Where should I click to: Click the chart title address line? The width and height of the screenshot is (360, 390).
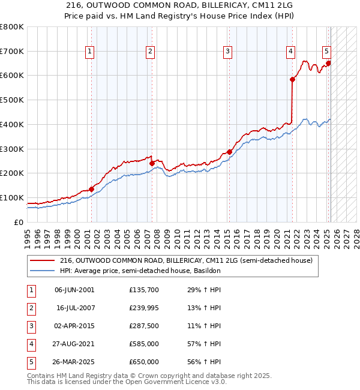coord(179,5)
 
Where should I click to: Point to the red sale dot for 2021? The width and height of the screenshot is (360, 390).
coord(292,79)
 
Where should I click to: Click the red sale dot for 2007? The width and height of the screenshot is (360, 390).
coord(152,163)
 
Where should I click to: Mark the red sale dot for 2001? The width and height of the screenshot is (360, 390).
coord(91,189)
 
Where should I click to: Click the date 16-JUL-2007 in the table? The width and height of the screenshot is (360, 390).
coord(74,308)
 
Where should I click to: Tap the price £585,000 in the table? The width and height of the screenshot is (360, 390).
coord(144,344)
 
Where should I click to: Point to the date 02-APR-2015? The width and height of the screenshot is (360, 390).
coord(74,326)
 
